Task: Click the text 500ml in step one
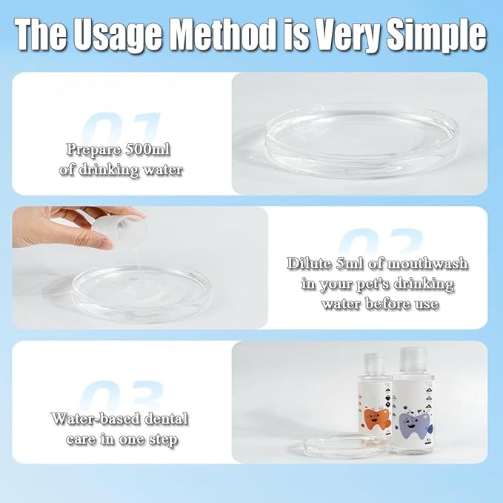[147, 149]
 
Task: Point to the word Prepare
[94, 150]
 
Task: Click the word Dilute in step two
[309, 264]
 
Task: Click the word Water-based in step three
[96, 419]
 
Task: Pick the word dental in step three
[166, 419]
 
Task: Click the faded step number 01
[121, 127]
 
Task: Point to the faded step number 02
[381, 242]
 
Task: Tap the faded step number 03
[121, 396]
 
